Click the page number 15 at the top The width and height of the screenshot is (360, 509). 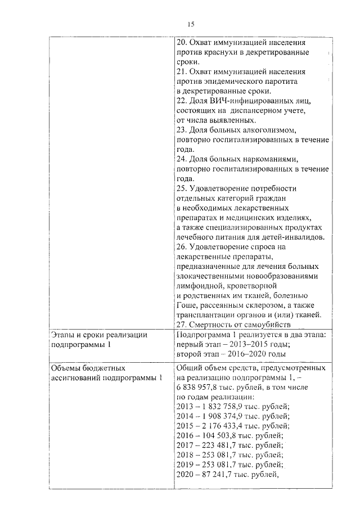click(191, 24)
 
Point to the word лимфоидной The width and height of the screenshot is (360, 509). click(199, 286)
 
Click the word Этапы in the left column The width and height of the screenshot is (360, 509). click(62, 335)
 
